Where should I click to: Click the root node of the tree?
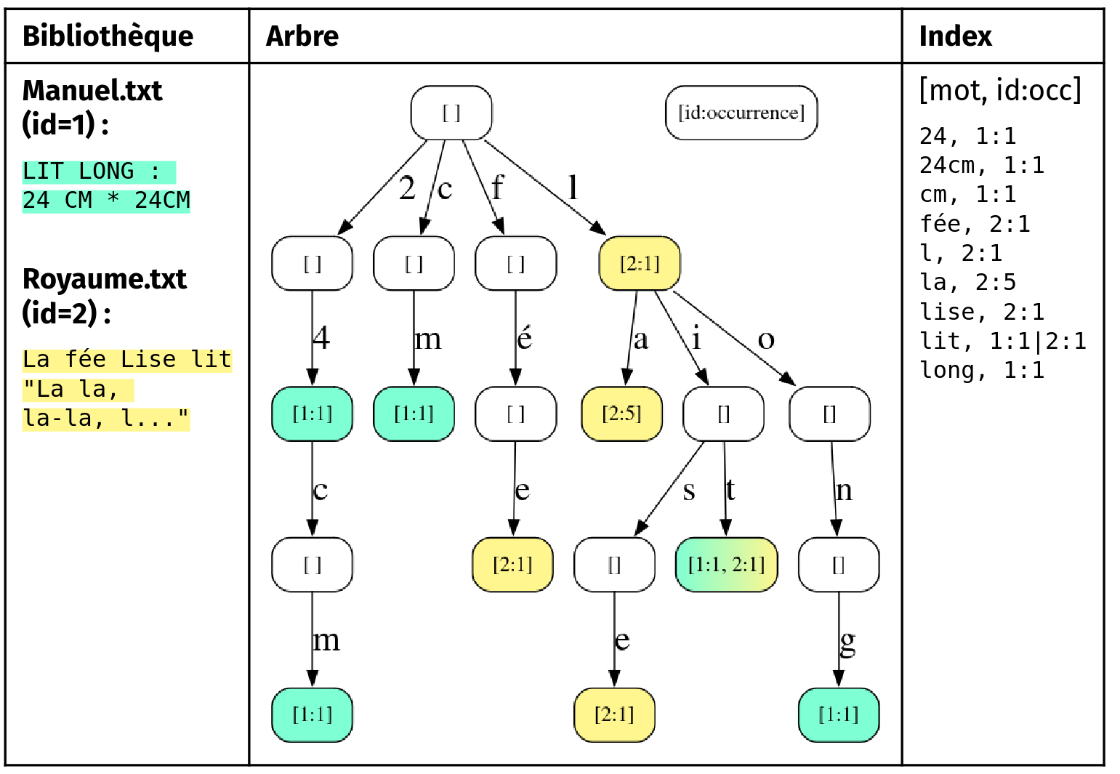click(451, 113)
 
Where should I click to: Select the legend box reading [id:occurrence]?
click(741, 113)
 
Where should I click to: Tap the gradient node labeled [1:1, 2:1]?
click(726, 565)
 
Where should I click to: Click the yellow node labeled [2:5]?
click(621, 414)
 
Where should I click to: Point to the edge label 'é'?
click(525, 339)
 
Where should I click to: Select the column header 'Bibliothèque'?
click(108, 36)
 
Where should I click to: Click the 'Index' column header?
click(955, 36)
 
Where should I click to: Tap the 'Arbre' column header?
click(302, 36)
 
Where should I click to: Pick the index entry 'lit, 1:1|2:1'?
click(1002, 341)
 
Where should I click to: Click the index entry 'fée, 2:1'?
click(975, 224)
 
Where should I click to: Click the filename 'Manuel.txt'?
click(92, 91)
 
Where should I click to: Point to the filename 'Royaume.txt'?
click(105, 279)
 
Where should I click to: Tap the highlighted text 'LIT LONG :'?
click(92, 172)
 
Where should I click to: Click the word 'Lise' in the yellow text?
click(148, 359)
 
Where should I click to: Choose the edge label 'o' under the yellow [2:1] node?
click(766, 339)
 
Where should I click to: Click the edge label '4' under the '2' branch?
click(321, 338)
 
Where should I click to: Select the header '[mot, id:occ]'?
click(1000, 90)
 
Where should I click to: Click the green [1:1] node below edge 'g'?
click(839, 715)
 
